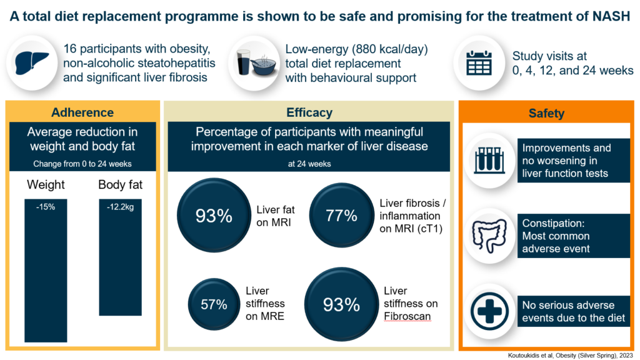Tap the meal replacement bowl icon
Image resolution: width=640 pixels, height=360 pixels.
252,63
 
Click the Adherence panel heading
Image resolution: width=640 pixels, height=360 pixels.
82,112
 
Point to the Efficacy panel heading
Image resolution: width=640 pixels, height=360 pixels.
309,113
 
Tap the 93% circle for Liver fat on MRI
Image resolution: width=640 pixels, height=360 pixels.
214,216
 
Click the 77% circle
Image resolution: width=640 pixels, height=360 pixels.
341,216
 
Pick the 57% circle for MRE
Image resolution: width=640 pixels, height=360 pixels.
214,304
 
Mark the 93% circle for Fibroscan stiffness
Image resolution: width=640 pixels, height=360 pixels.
341,304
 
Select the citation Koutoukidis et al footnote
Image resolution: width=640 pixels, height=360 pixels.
571,354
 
